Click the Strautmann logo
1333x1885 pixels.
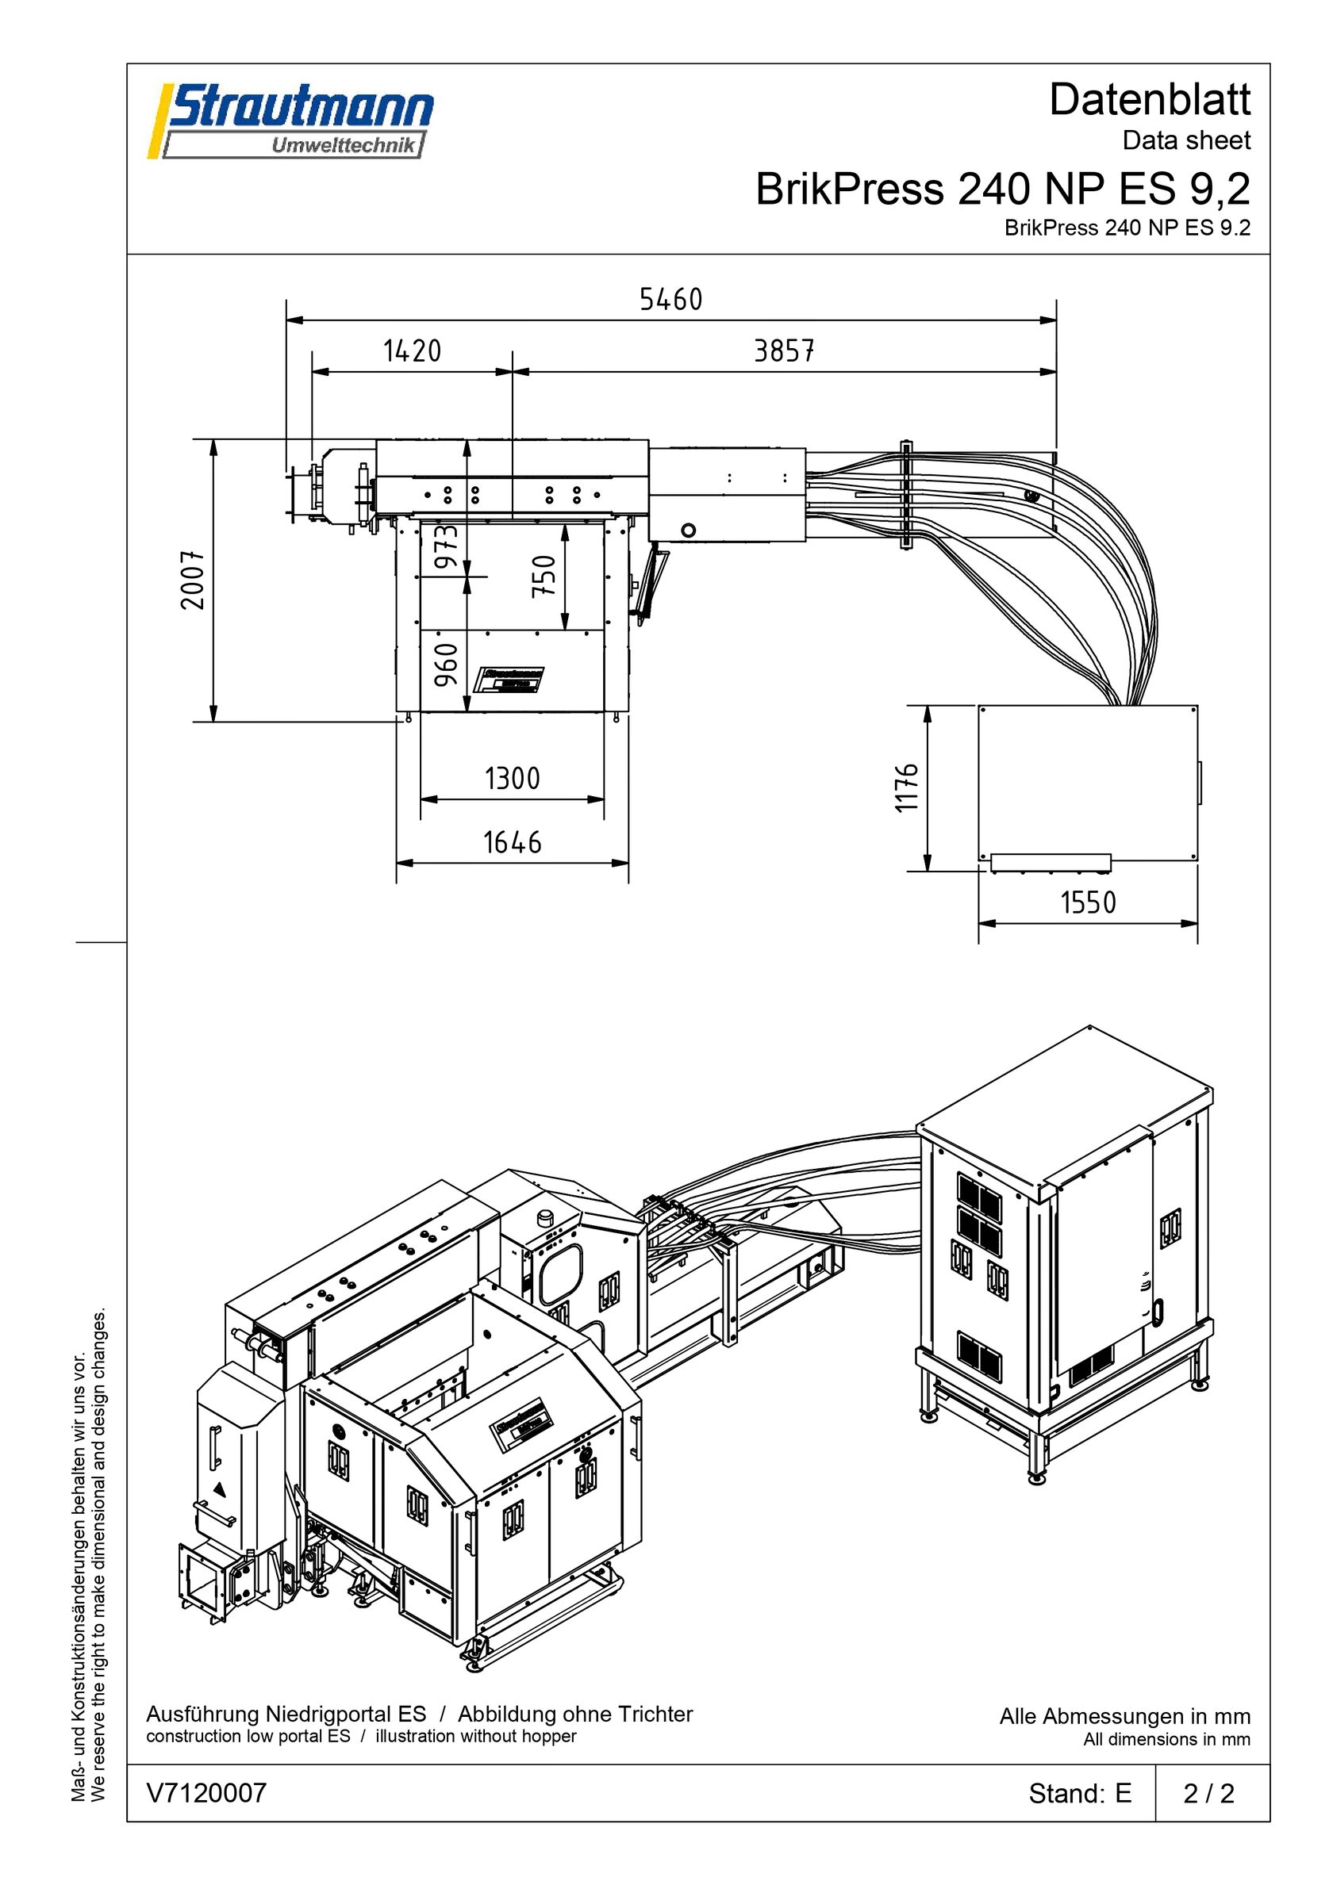pyautogui.click(x=290, y=121)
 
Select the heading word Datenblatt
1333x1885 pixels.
pyautogui.click(x=1149, y=100)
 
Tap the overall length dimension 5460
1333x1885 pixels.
pyautogui.click(x=671, y=300)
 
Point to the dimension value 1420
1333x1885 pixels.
pyautogui.click(x=413, y=351)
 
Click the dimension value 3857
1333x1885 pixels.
pyautogui.click(x=785, y=351)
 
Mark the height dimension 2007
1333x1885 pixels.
pyautogui.click(x=193, y=580)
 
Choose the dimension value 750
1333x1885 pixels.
pyautogui.click(x=544, y=576)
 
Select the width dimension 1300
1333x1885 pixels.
pyautogui.click(x=513, y=778)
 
